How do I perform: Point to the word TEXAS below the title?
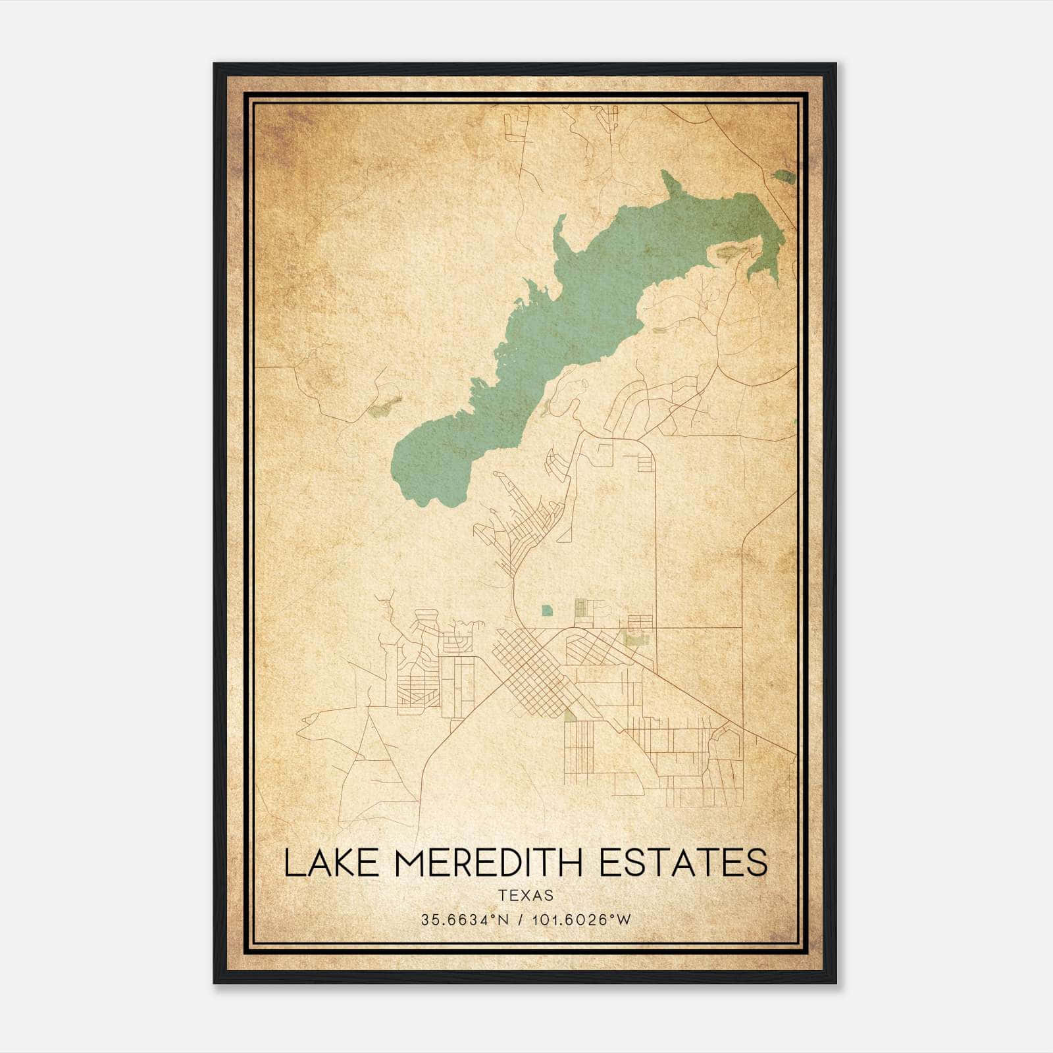click(526, 895)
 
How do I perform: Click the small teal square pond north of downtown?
click(547, 611)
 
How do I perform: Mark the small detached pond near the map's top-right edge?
click(783, 176)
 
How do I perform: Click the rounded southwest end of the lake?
click(421, 467)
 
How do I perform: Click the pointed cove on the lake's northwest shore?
click(559, 227)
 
